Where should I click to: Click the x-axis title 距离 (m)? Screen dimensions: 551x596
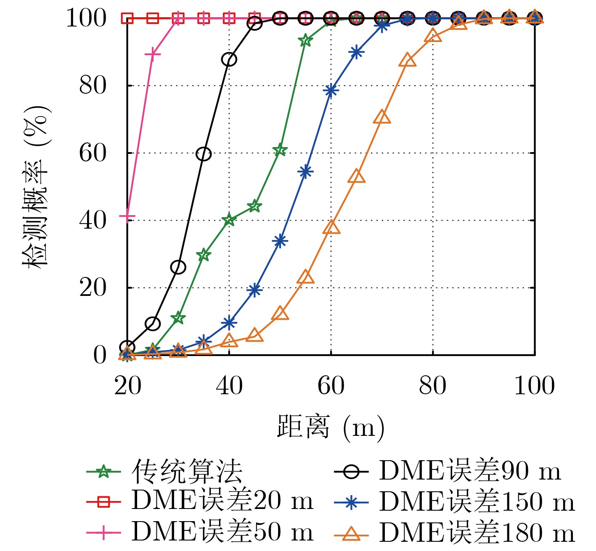(331, 427)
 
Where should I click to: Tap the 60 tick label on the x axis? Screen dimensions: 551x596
(331, 386)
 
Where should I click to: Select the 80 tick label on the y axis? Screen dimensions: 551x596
(93, 86)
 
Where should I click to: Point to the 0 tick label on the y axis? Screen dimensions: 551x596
(100, 356)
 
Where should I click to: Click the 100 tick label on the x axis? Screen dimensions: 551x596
(534, 386)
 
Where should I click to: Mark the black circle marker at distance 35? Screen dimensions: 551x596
(204, 154)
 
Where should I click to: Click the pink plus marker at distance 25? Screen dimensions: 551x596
(153, 54)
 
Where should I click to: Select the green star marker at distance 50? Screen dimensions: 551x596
(280, 150)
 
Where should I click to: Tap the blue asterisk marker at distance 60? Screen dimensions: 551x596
(331, 90)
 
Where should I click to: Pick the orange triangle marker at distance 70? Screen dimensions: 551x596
(382, 117)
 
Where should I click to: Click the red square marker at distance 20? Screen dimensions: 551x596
(127, 18)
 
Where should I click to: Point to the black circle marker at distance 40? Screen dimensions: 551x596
(229, 59)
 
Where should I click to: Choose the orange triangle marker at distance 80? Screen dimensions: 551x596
(433, 36)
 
